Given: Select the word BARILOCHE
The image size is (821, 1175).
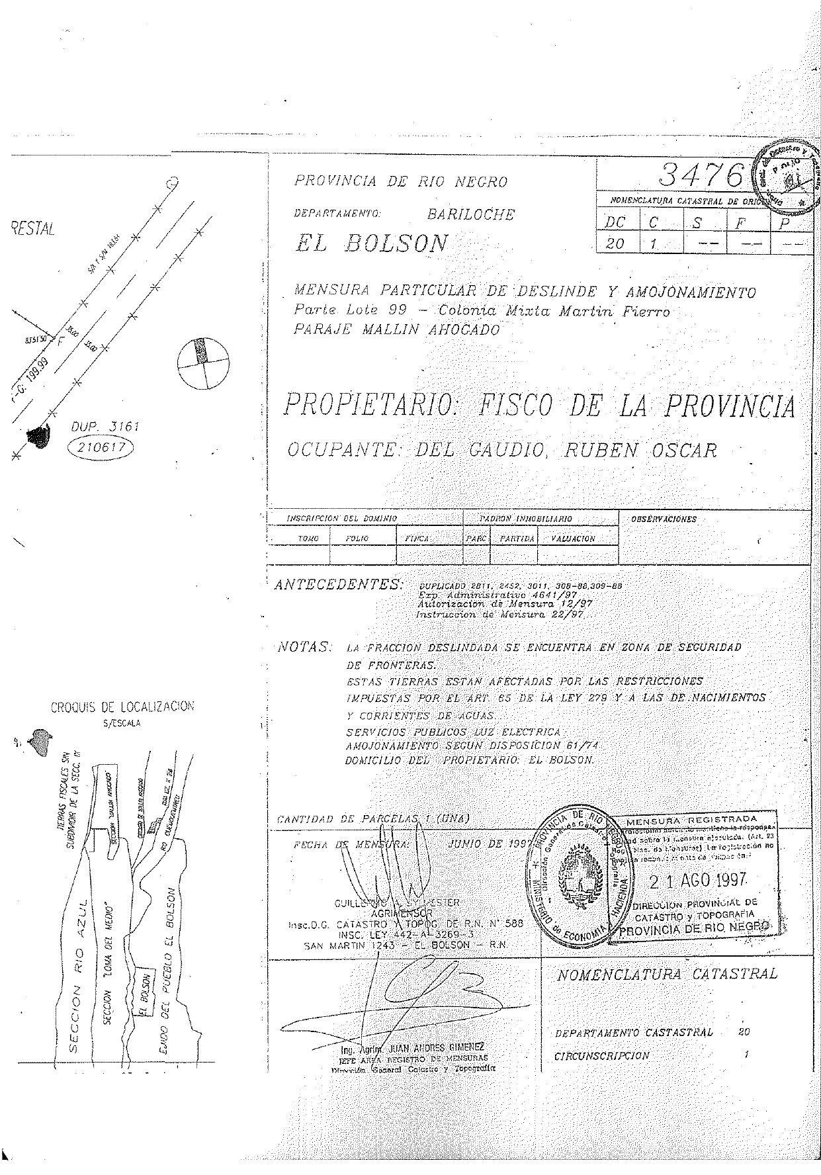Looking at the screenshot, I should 470,214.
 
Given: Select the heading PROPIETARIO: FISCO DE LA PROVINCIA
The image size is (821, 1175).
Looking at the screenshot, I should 539,405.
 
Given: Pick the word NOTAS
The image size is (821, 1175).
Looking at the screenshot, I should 304,646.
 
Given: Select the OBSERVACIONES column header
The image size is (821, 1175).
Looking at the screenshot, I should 664,519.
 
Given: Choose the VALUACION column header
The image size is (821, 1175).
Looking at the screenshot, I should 573,539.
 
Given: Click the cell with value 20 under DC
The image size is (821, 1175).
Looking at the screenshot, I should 615,243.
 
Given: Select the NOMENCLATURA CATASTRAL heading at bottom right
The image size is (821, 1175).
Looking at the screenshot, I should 667,975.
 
